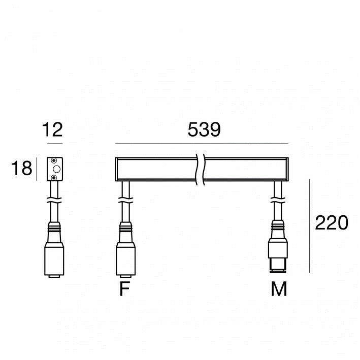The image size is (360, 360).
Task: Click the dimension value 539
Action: pyautogui.click(x=204, y=129)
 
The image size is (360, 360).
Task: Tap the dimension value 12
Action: pyautogui.click(x=53, y=129)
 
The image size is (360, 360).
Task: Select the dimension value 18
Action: pyautogui.click(x=22, y=168)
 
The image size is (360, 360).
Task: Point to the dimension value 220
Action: pyautogui.click(x=332, y=223)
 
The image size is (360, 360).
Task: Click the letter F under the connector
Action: pyautogui.click(x=125, y=288)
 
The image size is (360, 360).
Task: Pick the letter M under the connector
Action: pyautogui.click(x=279, y=288)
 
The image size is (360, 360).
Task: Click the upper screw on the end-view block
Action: pyautogui.click(x=54, y=160)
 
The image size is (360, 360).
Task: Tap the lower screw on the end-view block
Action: pyautogui.click(x=54, y=177)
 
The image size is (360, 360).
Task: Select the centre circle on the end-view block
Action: pyautogui.click(x=56, y=169)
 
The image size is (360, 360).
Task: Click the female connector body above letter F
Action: pyautogui.click(x=125, y=250)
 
